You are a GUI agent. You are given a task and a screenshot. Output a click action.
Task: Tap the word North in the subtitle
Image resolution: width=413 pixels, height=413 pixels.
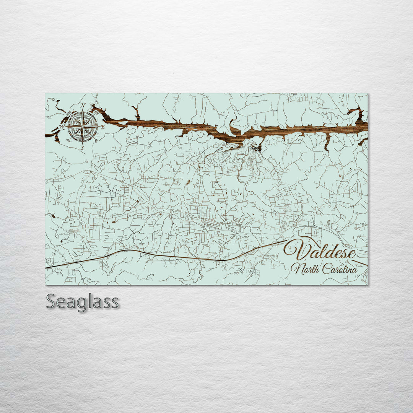tap(305, 269)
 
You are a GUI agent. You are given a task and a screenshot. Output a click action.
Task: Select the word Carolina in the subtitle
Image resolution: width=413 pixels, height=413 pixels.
tap(340, 269)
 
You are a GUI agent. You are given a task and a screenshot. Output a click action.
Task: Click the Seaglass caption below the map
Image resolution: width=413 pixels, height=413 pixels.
tap(82, 302)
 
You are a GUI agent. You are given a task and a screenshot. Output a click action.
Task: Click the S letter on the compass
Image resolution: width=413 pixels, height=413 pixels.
tap(82, 147)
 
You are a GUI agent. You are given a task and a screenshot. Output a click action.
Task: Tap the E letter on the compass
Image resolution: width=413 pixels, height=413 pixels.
tap(103, 126)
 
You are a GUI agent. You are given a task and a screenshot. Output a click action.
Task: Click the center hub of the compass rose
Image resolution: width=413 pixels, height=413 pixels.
tap(82, 126)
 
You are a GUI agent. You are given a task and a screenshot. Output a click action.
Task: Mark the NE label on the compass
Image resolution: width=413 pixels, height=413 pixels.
tap(96, 112)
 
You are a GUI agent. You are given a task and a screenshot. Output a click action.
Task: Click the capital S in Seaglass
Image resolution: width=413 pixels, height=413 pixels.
tap(51, 302)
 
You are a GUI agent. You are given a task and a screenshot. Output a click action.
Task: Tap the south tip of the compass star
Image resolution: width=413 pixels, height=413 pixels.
tap(82, 142)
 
